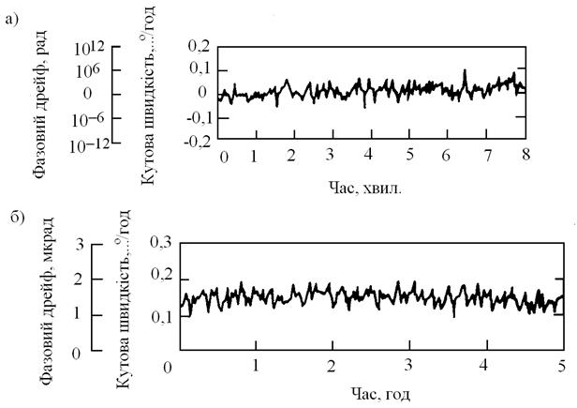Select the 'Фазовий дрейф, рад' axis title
click(x=39, y=99)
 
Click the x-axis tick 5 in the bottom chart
click(x=561, y=364)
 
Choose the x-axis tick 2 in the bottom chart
click(x=333, y=364)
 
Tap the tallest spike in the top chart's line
click(x=465, y=70)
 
